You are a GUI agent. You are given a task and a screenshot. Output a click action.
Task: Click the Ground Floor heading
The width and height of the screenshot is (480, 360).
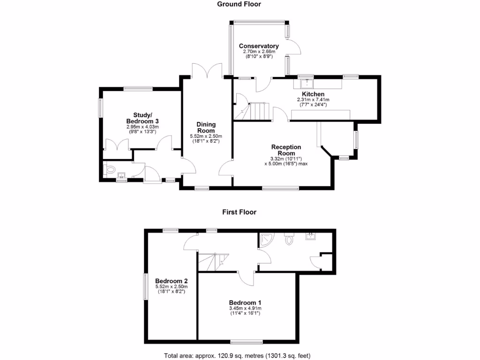point(239,4)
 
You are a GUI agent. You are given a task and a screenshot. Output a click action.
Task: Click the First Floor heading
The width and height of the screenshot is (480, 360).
point(239,212)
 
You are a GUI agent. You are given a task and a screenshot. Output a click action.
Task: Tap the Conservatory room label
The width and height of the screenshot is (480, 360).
point(259,46)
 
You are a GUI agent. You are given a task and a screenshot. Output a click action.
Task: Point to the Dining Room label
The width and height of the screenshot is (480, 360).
point(206,127)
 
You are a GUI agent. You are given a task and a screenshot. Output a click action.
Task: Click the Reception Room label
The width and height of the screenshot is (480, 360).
point(286,150)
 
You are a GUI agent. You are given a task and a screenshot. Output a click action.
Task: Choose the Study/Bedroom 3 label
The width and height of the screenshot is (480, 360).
point(143,118)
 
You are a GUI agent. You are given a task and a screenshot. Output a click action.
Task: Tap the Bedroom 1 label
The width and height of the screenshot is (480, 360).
point(245,302)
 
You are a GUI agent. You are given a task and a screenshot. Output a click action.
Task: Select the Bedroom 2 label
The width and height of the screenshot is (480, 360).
point(171,281)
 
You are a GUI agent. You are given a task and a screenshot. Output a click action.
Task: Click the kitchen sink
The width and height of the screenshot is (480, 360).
point(307,83)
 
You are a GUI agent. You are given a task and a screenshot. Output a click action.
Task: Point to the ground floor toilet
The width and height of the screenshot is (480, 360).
point(111,170)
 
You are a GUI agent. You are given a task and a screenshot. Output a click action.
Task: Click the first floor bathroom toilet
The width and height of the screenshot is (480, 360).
point(289,240)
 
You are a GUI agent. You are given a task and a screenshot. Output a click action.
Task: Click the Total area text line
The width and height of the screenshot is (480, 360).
point(237,355)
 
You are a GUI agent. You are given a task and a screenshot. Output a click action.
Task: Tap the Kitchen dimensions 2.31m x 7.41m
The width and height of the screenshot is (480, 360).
point(313,100)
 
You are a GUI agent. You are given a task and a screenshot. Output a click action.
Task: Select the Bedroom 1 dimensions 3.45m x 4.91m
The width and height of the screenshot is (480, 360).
point(245,308)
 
